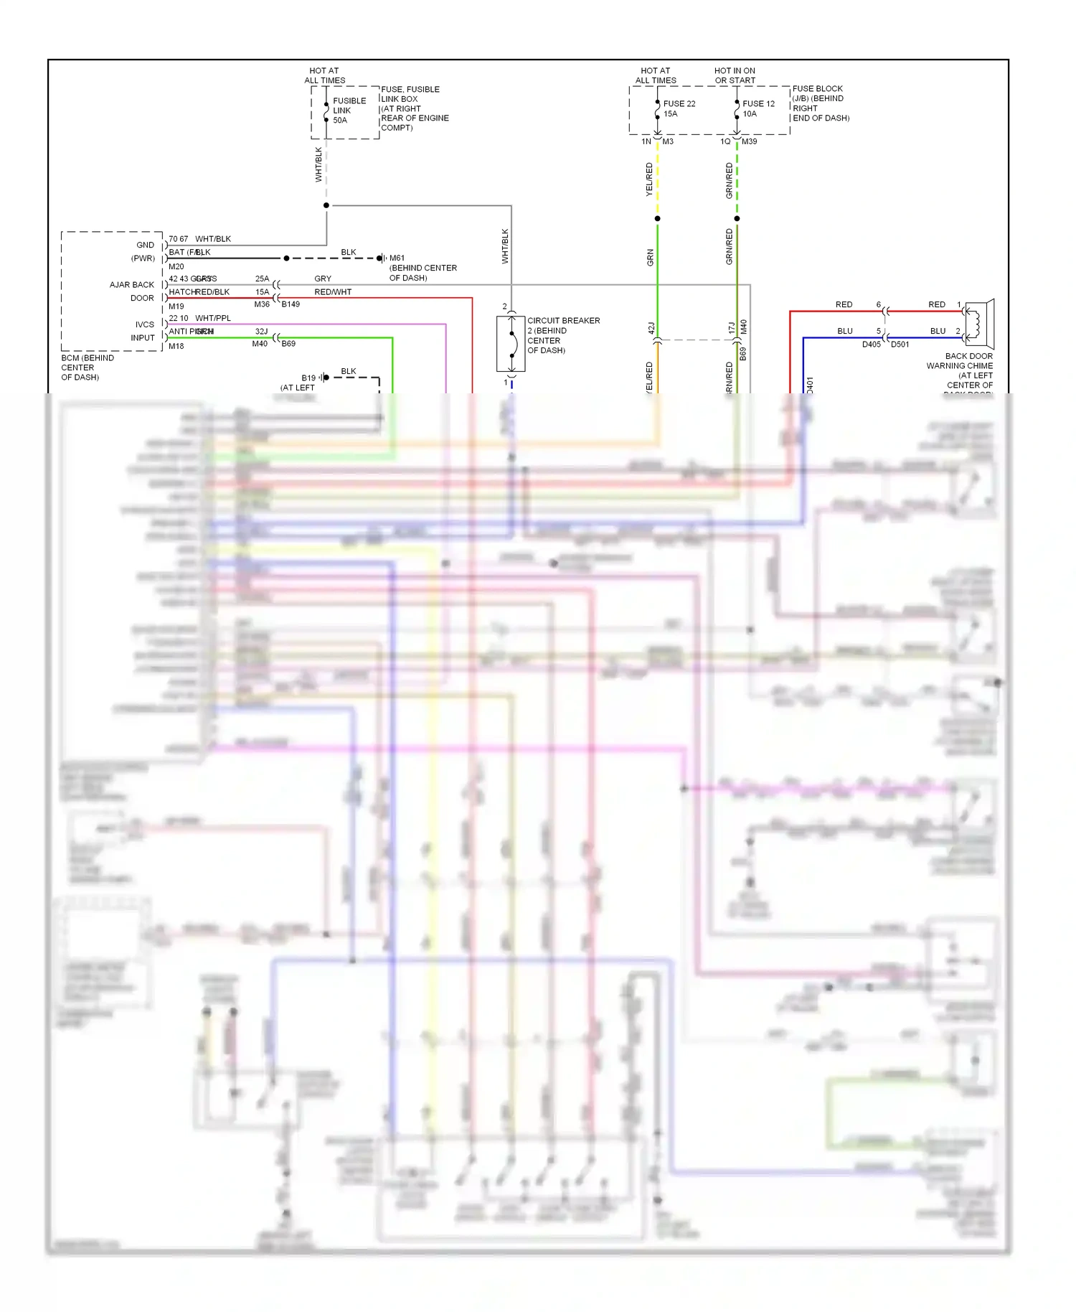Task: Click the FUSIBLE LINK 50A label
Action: click(x=349, y=111)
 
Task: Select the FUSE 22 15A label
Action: click(x=679, y=108)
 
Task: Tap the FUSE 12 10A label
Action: click(x=758, y=108)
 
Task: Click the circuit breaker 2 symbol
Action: click(x=511, y=344)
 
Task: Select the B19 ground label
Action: click(x=308, y=378)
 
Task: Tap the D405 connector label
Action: click(x=871, y=345)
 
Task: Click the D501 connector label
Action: click(x=900, y=345)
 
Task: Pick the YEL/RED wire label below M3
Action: click(x=649, y=179)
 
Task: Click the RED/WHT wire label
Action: click(x=333, y=292)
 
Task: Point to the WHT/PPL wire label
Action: click(x=213, y=318)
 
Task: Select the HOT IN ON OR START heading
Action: click(x=735, y=75)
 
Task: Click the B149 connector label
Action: click(x=291, y=304)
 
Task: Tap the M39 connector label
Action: click(x=749, y=141)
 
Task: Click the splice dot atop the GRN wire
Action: click(x=657, y=218)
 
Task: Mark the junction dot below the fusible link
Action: click(x=326, y=205)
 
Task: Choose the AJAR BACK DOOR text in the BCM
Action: click(x=132, y=291)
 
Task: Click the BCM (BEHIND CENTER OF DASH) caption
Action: click(x=87, y=367)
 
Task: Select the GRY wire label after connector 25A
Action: click(x=323, y=278)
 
